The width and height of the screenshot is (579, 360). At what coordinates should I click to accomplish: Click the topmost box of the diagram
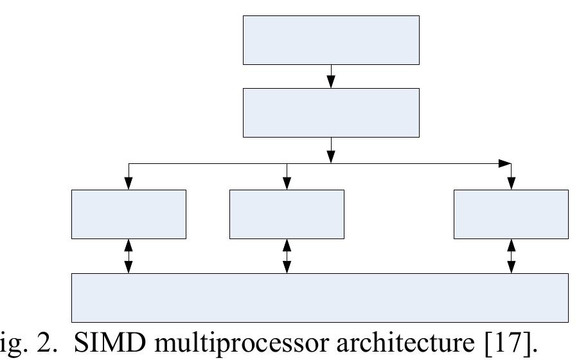point(331,40)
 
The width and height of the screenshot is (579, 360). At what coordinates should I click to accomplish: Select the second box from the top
point(331,113)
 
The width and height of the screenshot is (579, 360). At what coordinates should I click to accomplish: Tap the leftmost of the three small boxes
point(129,214)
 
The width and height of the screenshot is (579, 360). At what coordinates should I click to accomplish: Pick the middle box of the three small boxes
point(287,214)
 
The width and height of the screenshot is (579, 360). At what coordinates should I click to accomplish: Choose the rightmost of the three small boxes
point(511,214)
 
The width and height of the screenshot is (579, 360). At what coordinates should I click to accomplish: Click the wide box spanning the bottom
point(319,297)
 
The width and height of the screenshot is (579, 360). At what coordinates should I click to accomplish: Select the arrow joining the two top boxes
point(331,76)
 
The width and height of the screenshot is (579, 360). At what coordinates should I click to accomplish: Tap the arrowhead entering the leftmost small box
point(129,183)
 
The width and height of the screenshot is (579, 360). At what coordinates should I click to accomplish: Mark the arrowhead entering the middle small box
point(287,183)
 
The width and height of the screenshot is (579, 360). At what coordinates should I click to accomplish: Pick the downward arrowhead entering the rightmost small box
point(511,183)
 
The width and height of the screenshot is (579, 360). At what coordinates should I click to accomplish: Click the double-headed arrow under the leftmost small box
point(129,256)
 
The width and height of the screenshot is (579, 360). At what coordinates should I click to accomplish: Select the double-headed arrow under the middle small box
point(287,256)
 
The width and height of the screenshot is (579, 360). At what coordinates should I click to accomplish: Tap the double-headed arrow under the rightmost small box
point(511,256)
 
